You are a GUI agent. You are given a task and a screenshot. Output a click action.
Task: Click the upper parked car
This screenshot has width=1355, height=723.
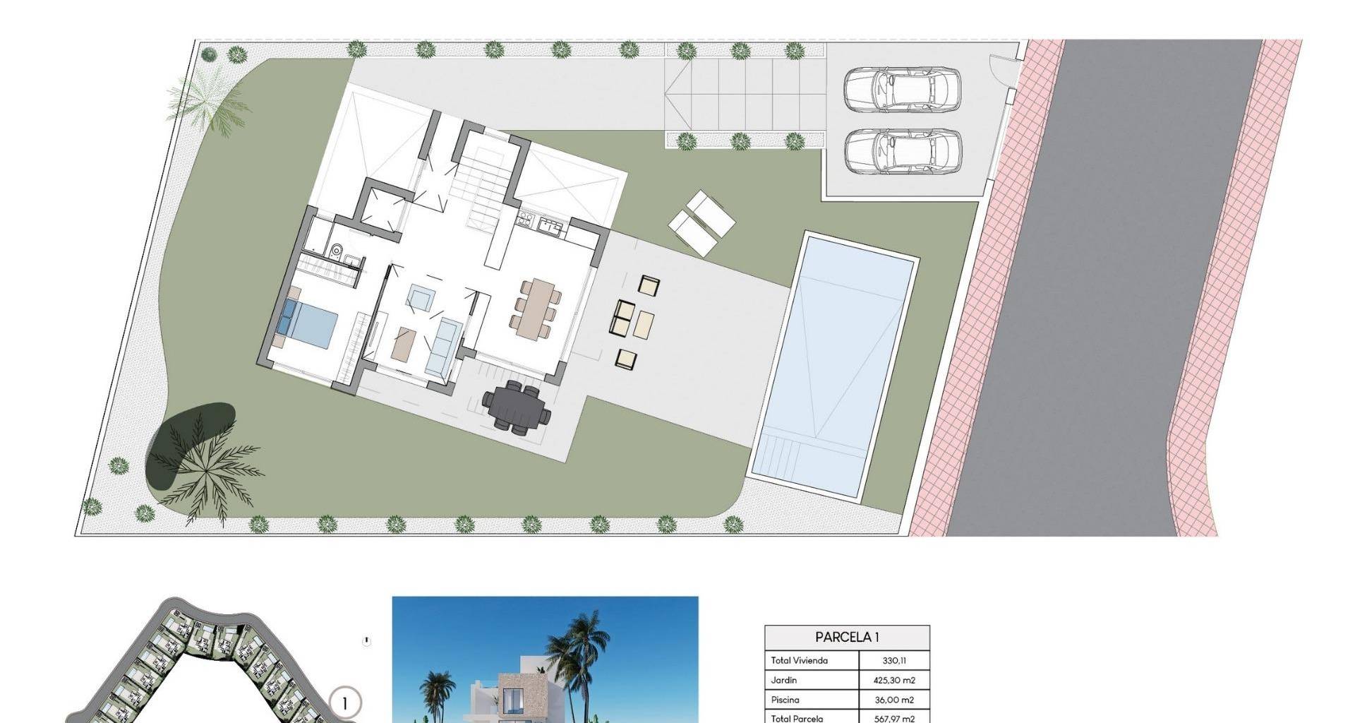pyautogui.click(x=903, y=90)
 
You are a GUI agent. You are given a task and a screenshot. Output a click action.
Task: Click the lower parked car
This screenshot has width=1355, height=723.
pyautogui.click(x=903, y=151)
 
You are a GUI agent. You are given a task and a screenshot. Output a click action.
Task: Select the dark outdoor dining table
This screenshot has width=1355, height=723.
pyautogui.click(x=515, y=407)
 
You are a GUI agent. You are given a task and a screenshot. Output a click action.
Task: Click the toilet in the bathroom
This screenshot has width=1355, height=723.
pyautogui.click(x=337, y=250)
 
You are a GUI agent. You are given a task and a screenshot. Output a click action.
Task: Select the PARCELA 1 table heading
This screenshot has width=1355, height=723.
pyautogui.click(x=847, y=637)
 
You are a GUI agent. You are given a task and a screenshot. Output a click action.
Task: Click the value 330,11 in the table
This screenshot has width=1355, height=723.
pyautogui.click(x=894, y=661)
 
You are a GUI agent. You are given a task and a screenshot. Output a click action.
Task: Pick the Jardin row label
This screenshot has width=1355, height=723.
pyautogui.click(x=784, y=680)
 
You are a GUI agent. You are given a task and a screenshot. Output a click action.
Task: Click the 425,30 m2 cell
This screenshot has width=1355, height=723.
pyautogui.click(x=894, y=681)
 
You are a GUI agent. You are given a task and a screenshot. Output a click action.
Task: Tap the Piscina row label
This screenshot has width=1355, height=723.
pyautogui.click(x=785, y=700)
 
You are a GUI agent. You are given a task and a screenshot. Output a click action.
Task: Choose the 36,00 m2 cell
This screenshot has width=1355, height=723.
pyautogui.click(x=894, y=700)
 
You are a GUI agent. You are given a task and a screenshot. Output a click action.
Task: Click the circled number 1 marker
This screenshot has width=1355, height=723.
pyautogui.click(x=345, y=703)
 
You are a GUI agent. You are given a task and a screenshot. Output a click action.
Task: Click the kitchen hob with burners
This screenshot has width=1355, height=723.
pyautogui.click(x=526, y=220)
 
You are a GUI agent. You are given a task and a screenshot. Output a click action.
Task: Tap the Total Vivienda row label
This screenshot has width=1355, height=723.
pyautogui.click(x=800, y=661)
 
